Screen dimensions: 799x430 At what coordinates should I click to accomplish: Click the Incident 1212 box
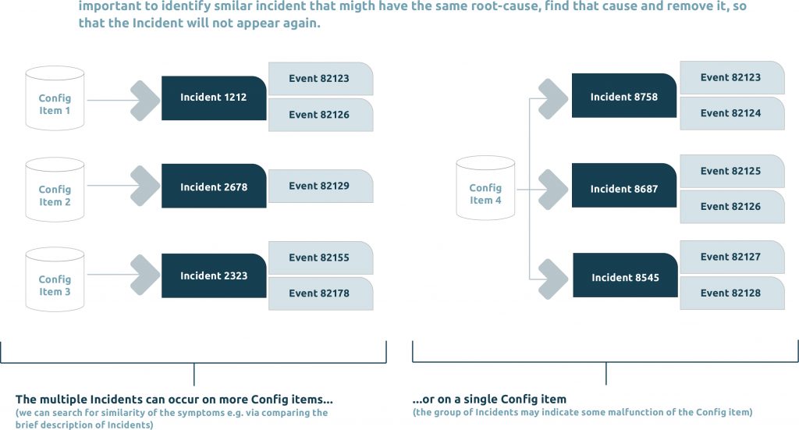click(214, 98)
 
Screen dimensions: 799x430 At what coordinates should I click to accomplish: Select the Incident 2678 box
click(214, 186)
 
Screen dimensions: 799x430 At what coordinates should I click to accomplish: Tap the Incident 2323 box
click(214, 275)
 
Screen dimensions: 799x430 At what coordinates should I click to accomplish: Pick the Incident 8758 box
click(624, 96)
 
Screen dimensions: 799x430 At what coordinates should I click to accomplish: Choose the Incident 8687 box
click(624, 186)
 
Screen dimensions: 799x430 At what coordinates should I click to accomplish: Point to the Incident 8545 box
click(625, 275)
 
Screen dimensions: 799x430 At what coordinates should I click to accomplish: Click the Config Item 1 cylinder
click(55, 98)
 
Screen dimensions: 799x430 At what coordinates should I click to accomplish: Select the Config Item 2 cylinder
click(55, 190)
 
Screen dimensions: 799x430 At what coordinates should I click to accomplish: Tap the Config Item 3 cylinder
click(55, 279)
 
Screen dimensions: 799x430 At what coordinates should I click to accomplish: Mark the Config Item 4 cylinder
click(485, 188)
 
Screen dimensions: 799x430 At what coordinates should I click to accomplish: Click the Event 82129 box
click(321, 186)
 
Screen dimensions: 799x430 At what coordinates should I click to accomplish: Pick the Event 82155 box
click(321, 258)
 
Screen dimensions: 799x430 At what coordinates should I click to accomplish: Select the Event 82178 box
click(321, 293)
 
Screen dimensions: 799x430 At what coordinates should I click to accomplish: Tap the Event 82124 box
click(732, 113)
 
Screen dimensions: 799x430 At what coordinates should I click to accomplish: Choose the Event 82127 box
click(732, 257)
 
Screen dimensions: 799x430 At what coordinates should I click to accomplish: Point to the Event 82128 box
click(732, 293)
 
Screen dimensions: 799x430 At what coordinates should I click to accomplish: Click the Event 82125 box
click(732, 171)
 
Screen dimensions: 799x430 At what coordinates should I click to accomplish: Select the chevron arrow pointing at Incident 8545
click(553, 279)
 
